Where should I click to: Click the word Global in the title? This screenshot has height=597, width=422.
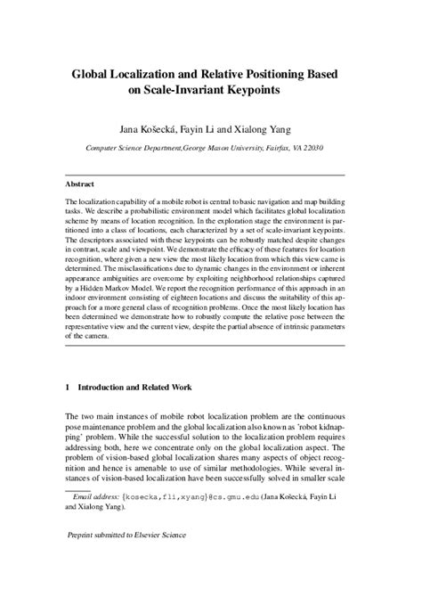coord(94,78)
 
